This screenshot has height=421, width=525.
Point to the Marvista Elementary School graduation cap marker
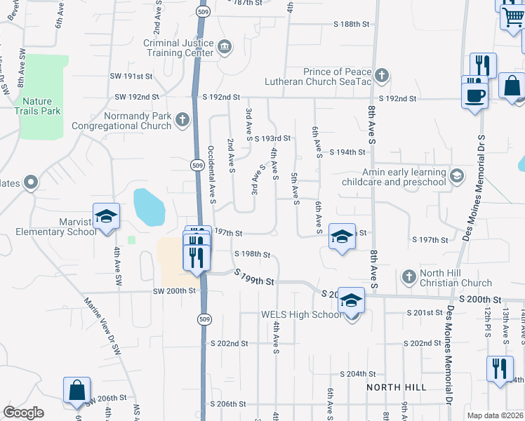pyautogui.click(x=106, y=216)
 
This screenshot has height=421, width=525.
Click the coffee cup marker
pyautogui.click(x=474, y=94)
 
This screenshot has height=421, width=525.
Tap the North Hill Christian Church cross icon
pyautogui.click(x=408, y=277)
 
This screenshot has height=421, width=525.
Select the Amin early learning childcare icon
pyautogui.click(x=457, y=175)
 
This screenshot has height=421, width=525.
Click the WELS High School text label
pyautogui.click(x=301, y=314)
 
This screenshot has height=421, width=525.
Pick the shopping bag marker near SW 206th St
pyautogui.click(x=77, y=390)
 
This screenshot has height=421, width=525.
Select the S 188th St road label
pyautogui.click(x=348, y=24)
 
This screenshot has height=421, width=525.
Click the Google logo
pyautogui.click(x=23, y=413)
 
